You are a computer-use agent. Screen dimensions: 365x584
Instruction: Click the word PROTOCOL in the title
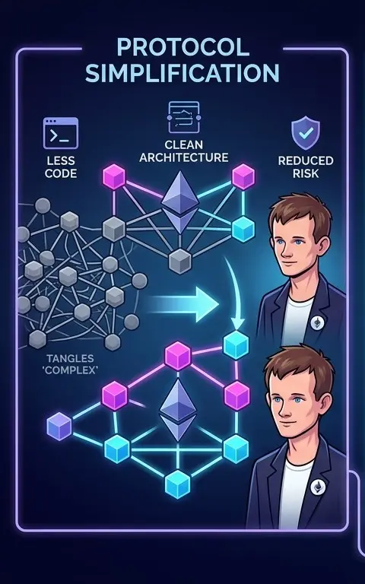(182, 47)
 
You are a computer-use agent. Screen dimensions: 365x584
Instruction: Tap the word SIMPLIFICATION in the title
(182, 73)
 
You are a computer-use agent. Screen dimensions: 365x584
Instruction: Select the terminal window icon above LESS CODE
(61, 133)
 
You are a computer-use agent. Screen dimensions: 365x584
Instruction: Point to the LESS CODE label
(61, 167)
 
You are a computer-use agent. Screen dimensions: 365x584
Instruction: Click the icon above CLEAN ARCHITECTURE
(183, 117)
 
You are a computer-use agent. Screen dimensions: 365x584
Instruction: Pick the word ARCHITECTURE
(183, 157)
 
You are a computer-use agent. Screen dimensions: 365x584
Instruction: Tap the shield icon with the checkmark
(306, 132)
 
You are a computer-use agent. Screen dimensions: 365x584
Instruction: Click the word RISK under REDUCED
(306, 173)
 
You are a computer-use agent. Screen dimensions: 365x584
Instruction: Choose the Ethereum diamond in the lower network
(178, 410)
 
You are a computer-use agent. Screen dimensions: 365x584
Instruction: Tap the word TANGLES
(70, 358)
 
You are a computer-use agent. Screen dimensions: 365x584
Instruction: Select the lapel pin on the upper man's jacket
(317, 322)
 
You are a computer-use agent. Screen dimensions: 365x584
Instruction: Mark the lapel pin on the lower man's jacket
(318, 487)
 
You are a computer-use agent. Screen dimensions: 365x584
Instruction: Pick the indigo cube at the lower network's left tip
(59, 427)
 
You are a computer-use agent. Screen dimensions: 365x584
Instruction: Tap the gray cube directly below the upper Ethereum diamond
(180, 262)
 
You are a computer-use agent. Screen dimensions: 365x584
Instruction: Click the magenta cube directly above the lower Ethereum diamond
(178, 356)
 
